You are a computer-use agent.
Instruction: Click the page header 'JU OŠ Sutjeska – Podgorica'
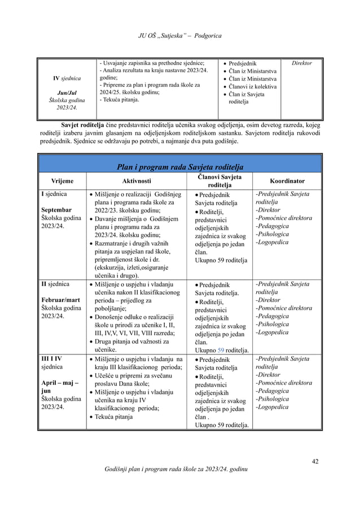pyautogui.click(x=179, y=37)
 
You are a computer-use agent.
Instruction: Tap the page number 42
pyautogui.click(x=315, y=462)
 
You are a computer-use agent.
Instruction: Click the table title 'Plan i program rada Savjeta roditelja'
pyautogui.click(x=179, y=166)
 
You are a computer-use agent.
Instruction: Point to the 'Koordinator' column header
pyautogui.click(x=287, y=182)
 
